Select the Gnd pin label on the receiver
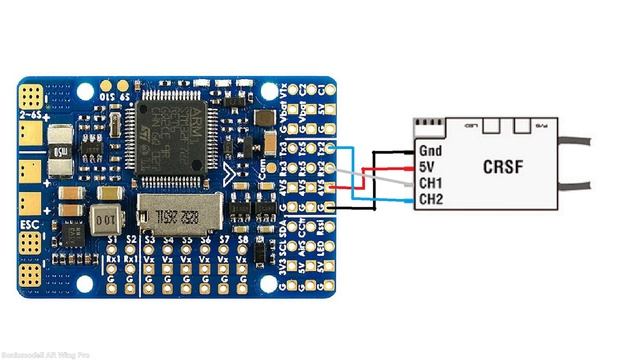(429, 151)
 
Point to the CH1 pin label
(430, 184)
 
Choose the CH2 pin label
(430, 201)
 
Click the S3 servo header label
(149, 241)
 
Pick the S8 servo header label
(240, 241)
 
